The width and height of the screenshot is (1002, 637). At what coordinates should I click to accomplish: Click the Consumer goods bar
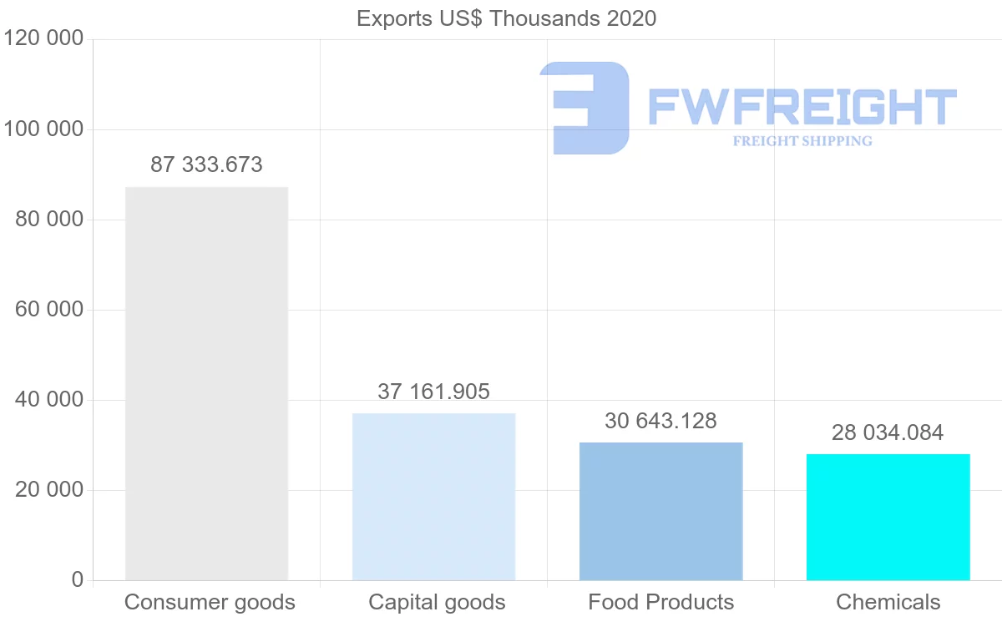click(x=206, y=383)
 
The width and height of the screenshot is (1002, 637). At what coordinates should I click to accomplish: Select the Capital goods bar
click(x=433, y=497)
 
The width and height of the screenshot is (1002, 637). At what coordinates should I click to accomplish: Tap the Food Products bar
click(x=660, y=511)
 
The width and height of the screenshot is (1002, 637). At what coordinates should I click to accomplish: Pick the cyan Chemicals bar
click(x=888, y=517)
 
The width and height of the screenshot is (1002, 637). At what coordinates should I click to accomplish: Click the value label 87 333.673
click(x=206, y=165)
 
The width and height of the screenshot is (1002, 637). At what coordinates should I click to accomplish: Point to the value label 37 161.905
click(x=433, y=392)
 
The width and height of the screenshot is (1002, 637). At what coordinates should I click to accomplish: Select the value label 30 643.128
click(x=660, y=421)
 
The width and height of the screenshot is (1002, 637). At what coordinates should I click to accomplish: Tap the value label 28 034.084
click(x=888, y=432)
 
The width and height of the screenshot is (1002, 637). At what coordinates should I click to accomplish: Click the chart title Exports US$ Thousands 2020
click(x=506, y=18)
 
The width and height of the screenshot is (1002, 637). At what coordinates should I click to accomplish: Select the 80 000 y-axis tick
click(x=49, y=220)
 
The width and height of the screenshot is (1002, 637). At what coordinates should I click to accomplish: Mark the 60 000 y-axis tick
click(x=49, y=310)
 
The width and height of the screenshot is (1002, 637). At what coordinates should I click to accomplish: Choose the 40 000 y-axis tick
click(x=49, y=400)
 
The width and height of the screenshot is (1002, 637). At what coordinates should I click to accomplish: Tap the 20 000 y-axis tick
click(x=49, y=490)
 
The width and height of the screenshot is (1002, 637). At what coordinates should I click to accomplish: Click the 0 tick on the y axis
click(x=77, y=580)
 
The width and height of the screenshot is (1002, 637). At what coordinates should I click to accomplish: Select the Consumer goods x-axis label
click(x=210, y=602)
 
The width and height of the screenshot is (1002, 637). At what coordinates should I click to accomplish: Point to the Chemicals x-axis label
click(x=888, y=602)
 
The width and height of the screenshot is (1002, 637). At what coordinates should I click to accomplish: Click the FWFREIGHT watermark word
click(x=802, y=108)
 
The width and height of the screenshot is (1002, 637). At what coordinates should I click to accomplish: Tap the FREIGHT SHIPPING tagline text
click(x=802, y=141)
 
